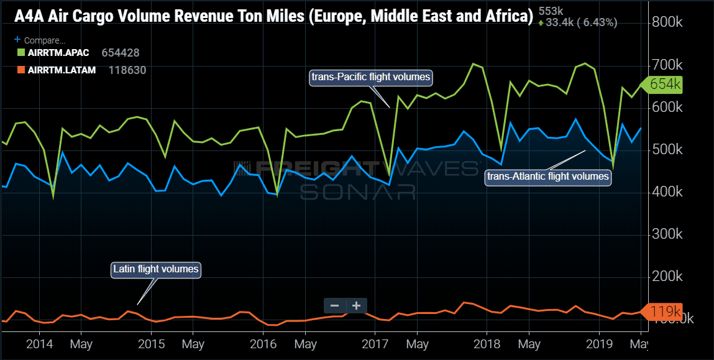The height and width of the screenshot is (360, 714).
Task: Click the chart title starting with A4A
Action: click(273, 16)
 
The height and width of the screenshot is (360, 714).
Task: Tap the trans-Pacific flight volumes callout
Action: click(370, 77)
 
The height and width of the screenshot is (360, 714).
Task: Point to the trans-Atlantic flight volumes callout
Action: click(548, 177)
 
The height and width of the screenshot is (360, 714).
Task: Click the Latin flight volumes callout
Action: click(156, 269)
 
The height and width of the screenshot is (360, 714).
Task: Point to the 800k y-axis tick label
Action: click(667, 22)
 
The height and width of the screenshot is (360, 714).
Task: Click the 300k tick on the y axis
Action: click(667, 234)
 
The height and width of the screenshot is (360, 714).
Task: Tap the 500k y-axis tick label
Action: click(667, 150)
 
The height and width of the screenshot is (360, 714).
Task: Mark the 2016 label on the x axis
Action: click(263, 343)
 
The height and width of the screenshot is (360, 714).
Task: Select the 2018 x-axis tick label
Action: click(487, 343)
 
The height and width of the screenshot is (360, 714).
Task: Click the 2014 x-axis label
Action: click(40, 343)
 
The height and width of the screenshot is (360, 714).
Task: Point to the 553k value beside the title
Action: click(551, 11)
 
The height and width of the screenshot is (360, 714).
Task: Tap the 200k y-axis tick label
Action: click(667, 277)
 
